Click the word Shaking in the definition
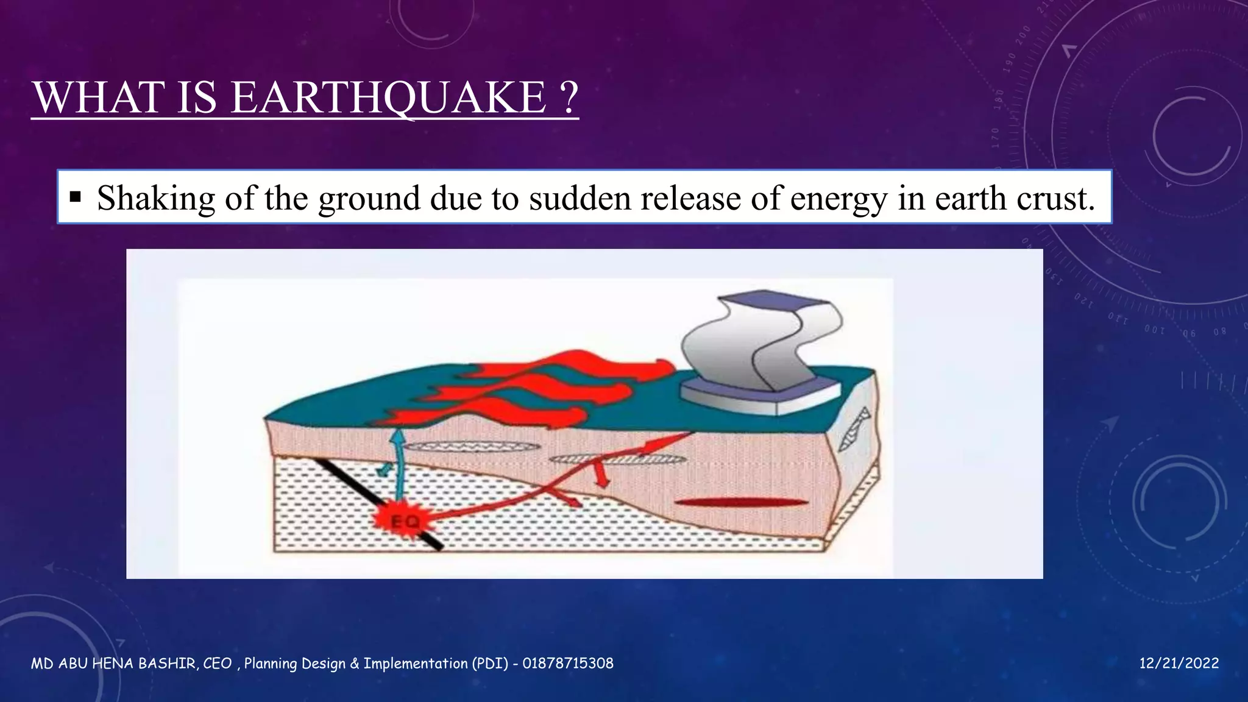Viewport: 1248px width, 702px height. (x=156, y=199)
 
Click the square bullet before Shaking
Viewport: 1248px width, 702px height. (x=76, y=197)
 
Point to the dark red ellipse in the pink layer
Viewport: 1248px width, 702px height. (x=740, y=503)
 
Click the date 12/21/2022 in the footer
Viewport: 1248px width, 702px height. (x=1179, y=664)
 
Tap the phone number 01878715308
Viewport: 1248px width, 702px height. (x=567, y=664)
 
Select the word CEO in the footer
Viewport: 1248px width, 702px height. (x=217, y=664)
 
